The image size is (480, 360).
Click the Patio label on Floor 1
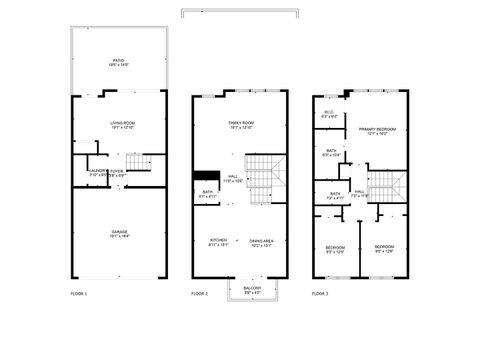tap(119, 61)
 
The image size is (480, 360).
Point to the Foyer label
tap(117, 171)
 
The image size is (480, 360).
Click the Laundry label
tap(98, 171)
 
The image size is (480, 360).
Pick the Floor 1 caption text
tap(79, 294)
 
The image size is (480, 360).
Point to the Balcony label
tap(254, 289)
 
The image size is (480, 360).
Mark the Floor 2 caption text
tap(199, 294)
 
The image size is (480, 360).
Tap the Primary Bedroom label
tap(372, 131)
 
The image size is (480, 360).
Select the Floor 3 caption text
tap(320, 294)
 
